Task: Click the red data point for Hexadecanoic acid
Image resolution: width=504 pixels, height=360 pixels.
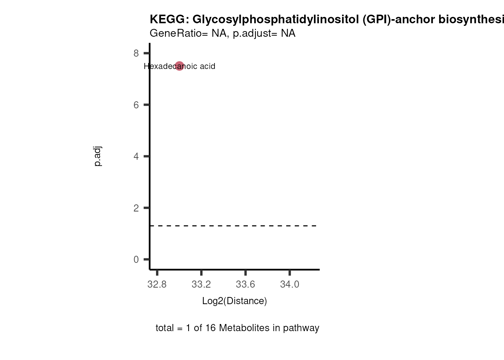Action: pyautogui.click(x=179, y=66)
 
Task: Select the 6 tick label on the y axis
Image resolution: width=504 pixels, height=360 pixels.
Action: pyautogui.click(x=136, y=105)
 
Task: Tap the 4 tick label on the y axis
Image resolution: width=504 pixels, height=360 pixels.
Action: pyautogui.click(x=136, y=156)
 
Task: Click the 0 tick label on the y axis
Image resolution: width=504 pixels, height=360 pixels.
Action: pyautogui.click(x=136, y=259)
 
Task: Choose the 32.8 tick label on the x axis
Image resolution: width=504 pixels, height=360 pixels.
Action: pyautogui.click(x=157, y=284)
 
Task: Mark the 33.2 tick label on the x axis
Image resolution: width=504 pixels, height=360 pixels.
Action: pyautogui.click(x=201, y=284)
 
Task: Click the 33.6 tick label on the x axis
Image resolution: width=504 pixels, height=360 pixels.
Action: pyautogui.click(x=245, y=284)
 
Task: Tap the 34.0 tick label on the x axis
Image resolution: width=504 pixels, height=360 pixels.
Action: pyautogui.click(x=289, y=284)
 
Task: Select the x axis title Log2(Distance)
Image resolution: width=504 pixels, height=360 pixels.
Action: pyautogui.click(x=234, y=301)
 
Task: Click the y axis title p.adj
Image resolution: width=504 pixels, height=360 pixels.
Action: pyautogui.click(x=97, y=156)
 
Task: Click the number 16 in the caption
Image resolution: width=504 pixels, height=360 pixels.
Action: pyautogui.click(x=210, y=328)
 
